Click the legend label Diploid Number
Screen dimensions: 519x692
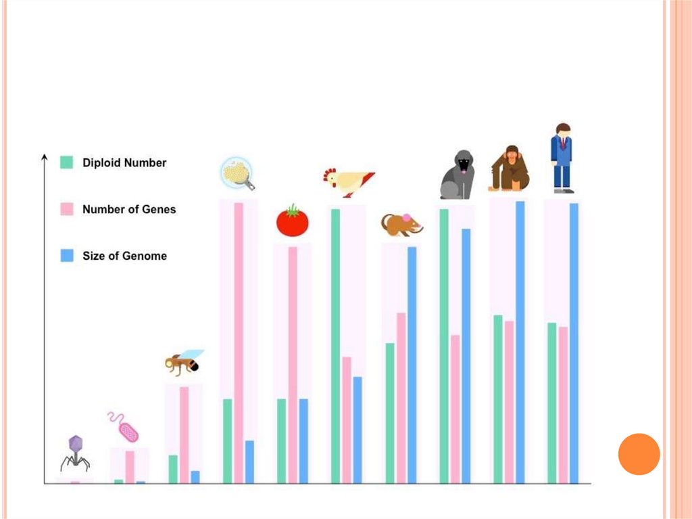point(124,163)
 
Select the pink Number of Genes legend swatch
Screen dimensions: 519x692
point(67,209)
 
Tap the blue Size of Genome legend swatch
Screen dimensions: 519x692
point(67,256)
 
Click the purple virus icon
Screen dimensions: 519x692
point(75,453)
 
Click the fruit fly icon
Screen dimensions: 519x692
point(184,363)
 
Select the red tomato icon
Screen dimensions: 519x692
point(292,221)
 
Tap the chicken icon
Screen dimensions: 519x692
point(347,181)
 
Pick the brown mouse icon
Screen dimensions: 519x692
point(401,224)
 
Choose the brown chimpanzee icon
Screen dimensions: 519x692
point(510,168)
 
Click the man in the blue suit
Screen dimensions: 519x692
point(562,158)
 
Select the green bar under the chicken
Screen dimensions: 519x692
point(335,346)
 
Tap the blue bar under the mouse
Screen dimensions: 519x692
point(412,365)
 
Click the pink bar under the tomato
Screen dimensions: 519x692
point(293,365)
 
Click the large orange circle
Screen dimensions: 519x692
point(639,454)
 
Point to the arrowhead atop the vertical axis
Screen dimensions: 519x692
point(45,158)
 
